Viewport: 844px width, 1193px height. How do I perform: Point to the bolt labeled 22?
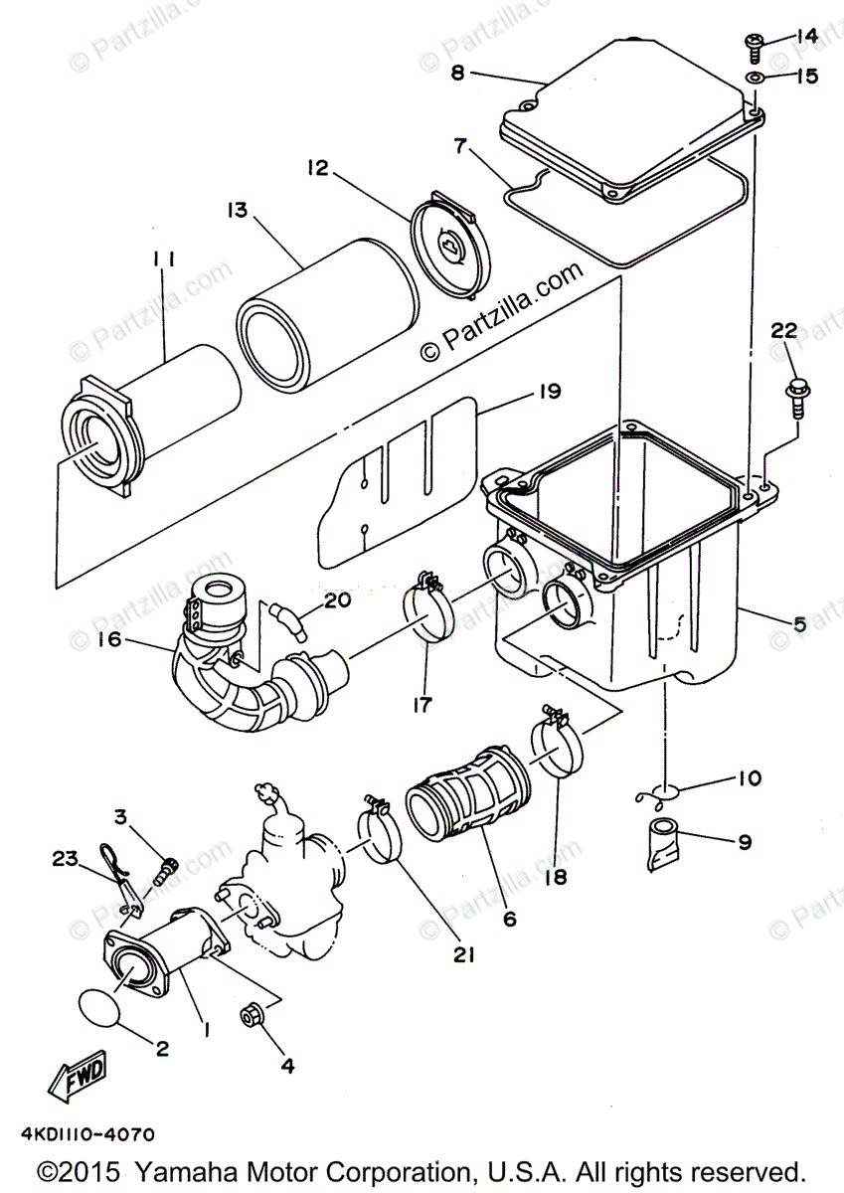coord(796,395)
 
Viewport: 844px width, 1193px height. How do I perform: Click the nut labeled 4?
coord(252,1017)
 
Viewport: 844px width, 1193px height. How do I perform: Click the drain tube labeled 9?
coord(664,842)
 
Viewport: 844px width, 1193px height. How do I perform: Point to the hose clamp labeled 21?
coord(377,832)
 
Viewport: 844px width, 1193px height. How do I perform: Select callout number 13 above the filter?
coord(237,210)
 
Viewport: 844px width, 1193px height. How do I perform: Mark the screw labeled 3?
coord(166,872)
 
